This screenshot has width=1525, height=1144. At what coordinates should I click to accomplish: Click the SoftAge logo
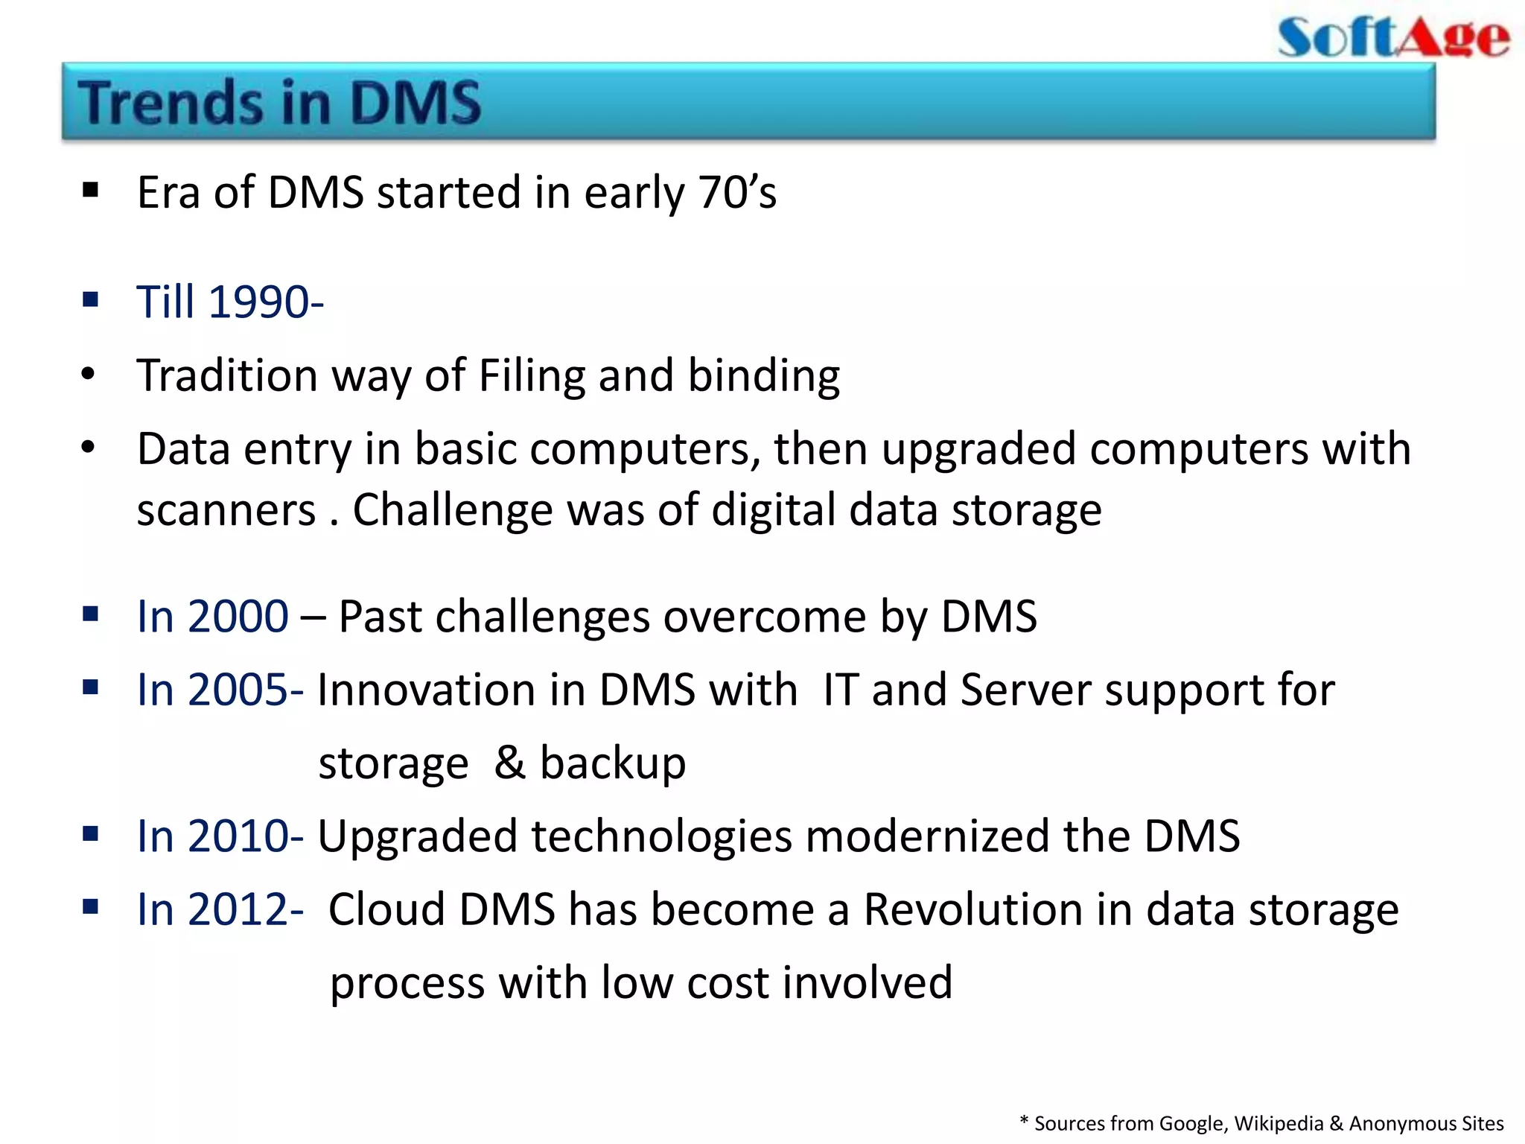1393,37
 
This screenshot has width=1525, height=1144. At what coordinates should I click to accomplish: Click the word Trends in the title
171,103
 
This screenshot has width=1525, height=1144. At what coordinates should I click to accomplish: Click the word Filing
532,375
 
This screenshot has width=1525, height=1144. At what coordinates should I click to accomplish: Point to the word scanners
226,511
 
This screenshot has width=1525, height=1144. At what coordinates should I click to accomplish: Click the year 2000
238,617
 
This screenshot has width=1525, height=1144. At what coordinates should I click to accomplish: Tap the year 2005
238,690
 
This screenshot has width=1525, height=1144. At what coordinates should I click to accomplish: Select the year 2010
238,836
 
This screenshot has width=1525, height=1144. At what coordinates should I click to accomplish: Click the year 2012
238,909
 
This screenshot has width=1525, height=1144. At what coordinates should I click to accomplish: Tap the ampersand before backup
510,763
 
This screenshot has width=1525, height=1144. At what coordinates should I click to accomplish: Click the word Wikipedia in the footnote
1279,1123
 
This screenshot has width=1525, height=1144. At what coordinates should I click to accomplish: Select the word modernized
927,836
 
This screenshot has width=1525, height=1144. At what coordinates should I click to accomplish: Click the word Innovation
427,690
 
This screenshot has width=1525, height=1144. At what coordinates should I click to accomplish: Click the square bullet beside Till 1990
91,301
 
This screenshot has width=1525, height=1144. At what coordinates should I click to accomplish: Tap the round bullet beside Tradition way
89,374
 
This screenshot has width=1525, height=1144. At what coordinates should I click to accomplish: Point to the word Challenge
451,511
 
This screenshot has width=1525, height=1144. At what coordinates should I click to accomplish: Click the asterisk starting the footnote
1024,1121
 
